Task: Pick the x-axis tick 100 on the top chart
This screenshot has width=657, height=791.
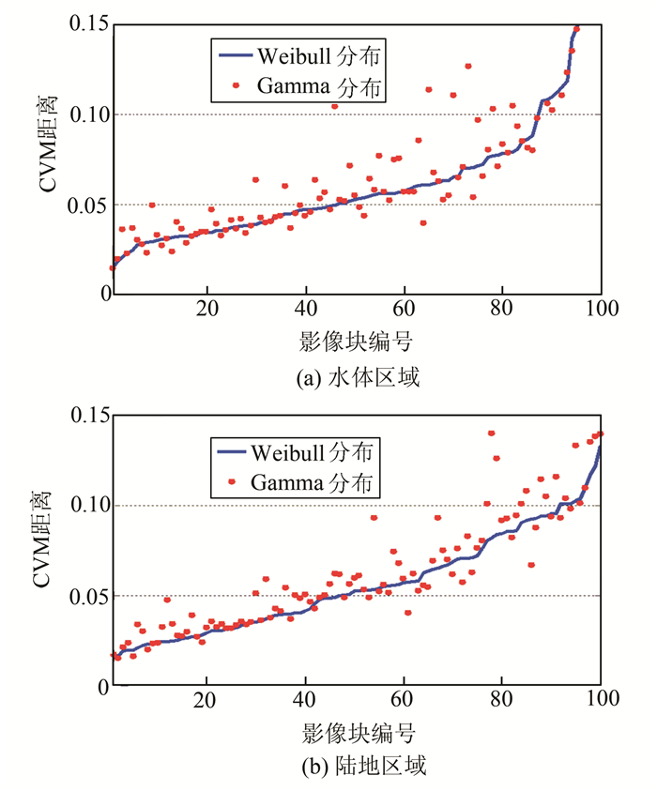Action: (600, 309)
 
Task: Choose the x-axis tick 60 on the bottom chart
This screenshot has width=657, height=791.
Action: (404, 701)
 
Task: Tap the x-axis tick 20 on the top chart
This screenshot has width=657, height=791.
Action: (208, 309)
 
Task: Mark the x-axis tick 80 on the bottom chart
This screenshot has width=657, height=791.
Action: (502, 701)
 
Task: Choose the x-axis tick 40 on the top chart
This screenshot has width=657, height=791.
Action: (306, 309)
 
